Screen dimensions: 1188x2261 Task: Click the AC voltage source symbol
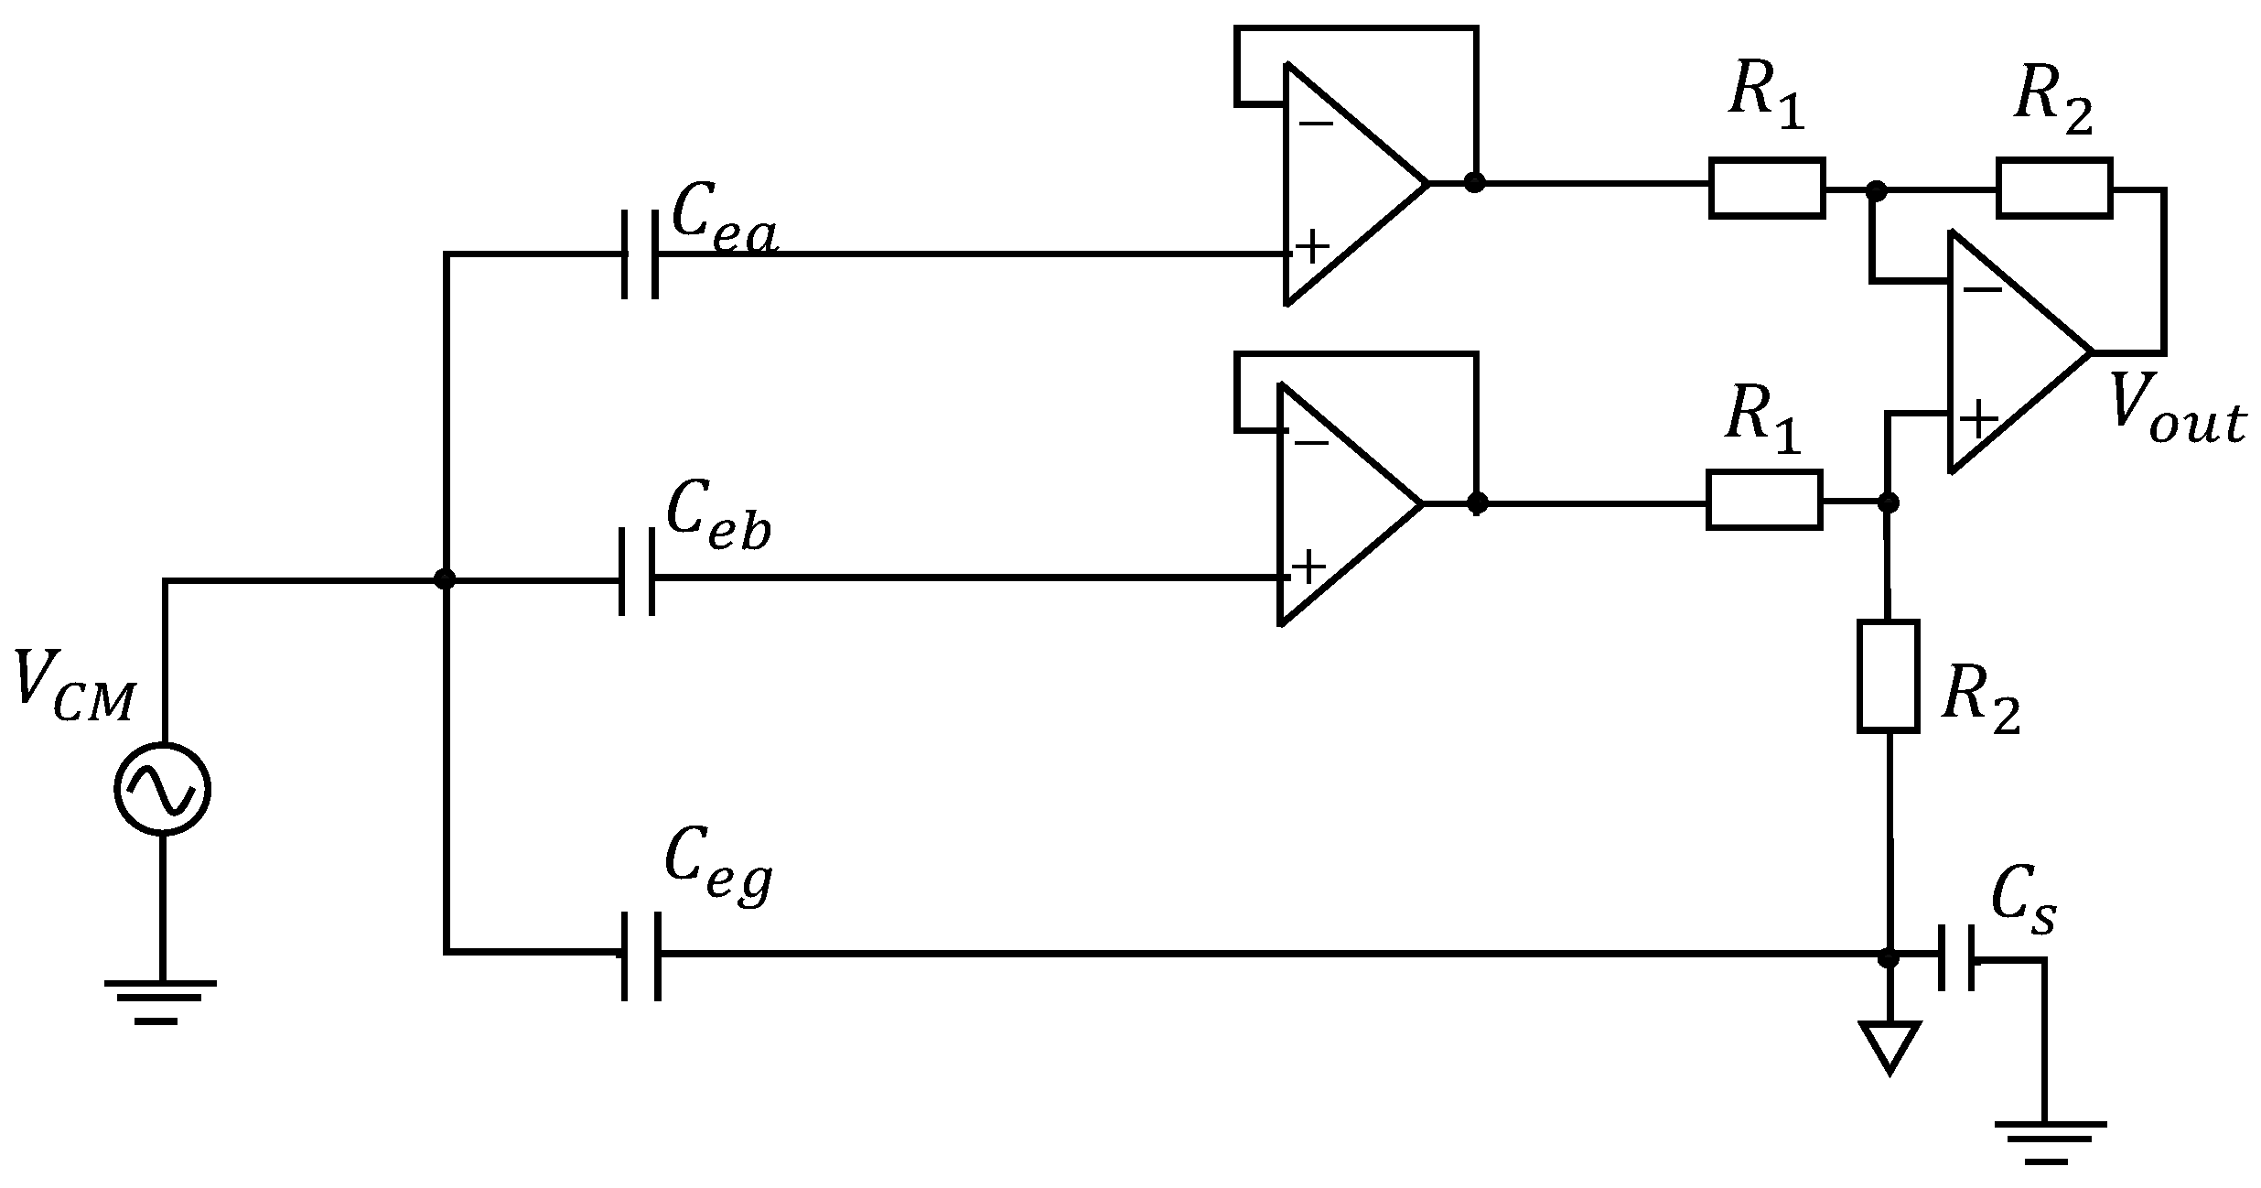click(x=163, y=788)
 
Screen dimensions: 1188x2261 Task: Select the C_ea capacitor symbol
click(x=640, y=254)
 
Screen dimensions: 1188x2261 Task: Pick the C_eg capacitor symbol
click(x=641, y=955)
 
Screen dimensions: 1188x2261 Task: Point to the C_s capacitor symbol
click(x=1956, y=958)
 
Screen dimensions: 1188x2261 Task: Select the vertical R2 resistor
click(x=1888, y=676)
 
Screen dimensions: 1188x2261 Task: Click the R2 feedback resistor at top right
click(x=2053, y=188)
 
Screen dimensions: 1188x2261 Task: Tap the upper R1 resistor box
click(x=1767, y=188)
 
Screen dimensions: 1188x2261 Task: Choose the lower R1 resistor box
click(x=1763, y=500)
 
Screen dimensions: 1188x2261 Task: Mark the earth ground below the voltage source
click(x=160, y=999)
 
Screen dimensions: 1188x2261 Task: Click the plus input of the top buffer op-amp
click(x=1313, y=246)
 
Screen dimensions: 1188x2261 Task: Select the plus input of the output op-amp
click(x=1978, y=420)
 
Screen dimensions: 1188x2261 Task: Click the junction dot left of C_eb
click(x=445, y=578)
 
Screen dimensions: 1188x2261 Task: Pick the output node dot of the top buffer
click(x=1473, y=182)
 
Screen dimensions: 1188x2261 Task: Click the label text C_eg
click(x=718, y=865)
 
